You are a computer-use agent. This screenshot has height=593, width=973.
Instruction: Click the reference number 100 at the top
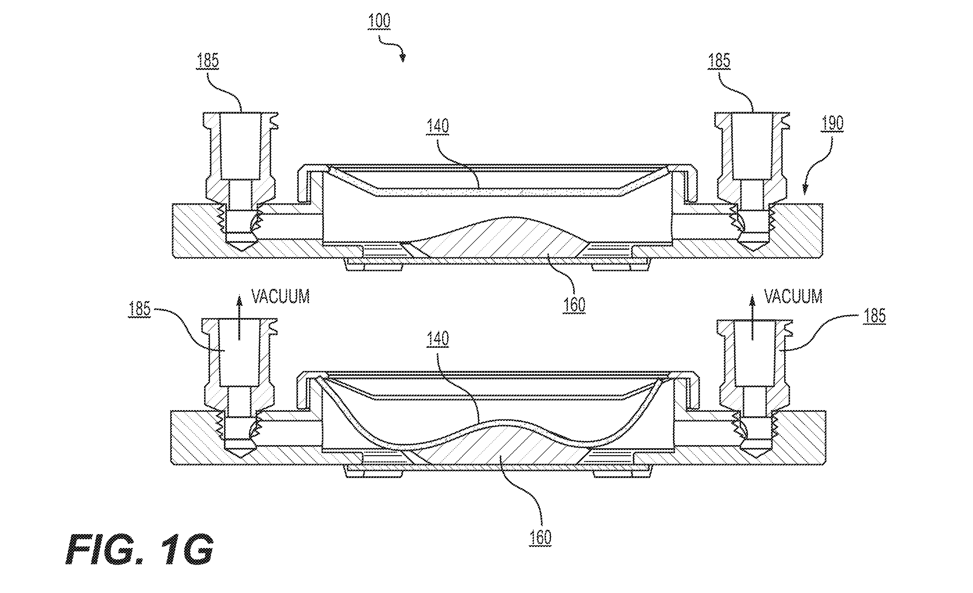[x=379, y=21]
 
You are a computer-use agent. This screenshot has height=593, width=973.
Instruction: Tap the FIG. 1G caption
[x=139, y=549]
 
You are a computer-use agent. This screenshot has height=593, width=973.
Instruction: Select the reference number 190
[x=832, y=123]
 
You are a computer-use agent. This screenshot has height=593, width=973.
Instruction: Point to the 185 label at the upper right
[x=719, y=61]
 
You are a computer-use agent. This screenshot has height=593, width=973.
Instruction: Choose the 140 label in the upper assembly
[x=438, y=126]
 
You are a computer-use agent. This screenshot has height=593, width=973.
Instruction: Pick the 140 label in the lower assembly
[x=438, y=339]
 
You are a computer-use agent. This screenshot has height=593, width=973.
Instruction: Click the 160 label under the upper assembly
[x=574, y=305]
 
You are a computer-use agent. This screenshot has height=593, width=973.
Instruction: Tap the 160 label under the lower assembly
[x=540, y=538]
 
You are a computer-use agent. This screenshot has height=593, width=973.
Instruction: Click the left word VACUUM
[x=281, y=296]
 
